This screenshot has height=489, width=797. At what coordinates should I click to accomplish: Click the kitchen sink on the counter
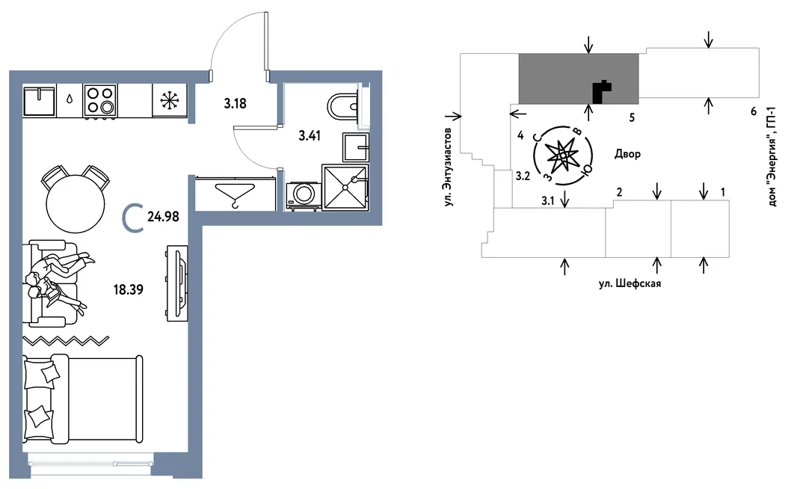point(39,101)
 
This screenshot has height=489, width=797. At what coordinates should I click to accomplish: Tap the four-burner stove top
point(100,101)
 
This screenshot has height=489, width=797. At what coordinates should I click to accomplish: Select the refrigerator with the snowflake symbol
point(170,101)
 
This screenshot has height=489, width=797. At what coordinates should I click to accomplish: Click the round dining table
point(76,204)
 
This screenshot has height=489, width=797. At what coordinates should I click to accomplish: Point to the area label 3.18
point(235,104)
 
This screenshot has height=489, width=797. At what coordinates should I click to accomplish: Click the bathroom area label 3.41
point(310,136)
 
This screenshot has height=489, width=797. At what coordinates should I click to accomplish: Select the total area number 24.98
point(163,217)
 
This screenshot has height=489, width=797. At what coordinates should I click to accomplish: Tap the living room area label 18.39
point(128,290)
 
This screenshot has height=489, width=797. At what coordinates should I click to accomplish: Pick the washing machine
point(304,195)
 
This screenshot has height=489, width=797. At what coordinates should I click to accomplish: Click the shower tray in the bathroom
point(345,187)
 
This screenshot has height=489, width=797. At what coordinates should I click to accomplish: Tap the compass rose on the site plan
point(563,155)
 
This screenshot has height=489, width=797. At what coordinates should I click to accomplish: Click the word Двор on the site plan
point(627,153)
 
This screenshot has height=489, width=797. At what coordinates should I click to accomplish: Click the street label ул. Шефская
point(630,283)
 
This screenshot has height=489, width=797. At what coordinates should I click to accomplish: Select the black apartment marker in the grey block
point(601,92)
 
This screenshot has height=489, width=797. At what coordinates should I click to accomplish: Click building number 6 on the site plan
point(754,111)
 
